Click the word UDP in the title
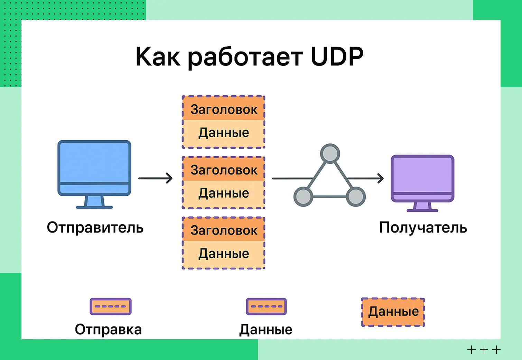337,56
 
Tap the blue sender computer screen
94,162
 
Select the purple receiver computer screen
422,174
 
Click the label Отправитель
95,228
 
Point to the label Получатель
423,228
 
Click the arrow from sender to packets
155,178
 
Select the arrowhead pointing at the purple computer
380,178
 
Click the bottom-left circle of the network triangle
303,197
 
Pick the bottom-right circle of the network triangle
356,197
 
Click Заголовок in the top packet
224,110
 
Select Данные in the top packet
224,133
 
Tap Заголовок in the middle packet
224,170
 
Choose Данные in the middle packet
224,193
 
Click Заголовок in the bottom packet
224,230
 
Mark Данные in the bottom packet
224,254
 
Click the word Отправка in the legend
108,329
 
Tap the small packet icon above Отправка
111,306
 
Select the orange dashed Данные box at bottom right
393,312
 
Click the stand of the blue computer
94,202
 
